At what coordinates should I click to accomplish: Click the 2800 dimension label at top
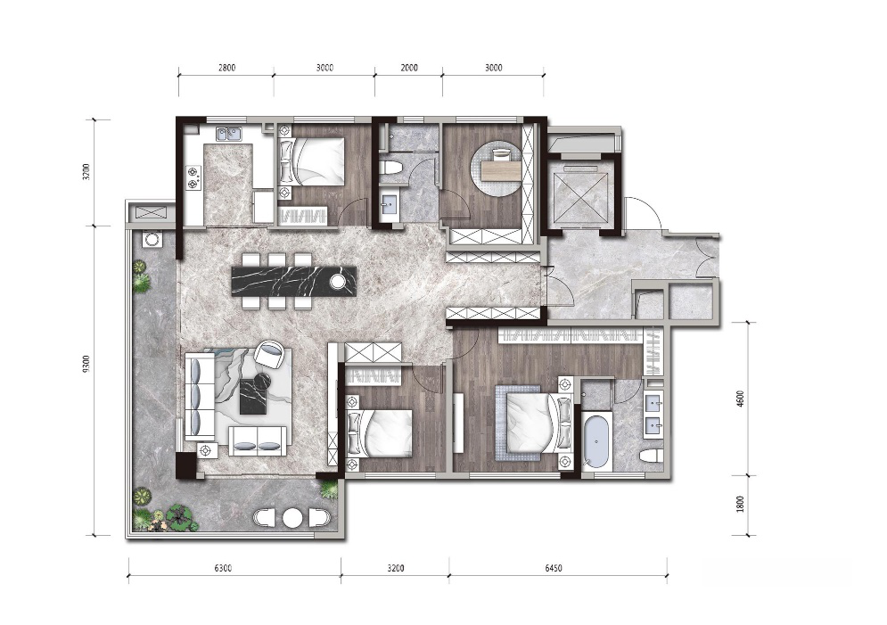tap(226, 68)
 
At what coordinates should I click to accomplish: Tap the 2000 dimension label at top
tap(409, 68)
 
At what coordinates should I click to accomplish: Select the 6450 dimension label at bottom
tap(554, 568)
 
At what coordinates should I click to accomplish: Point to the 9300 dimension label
tap(86, 365)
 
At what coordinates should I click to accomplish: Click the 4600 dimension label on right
tap(741, 399)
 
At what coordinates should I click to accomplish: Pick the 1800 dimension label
tap(741, 504)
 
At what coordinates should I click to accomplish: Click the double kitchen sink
tap(228, 134)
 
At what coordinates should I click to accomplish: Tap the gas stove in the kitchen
tap(194, 177)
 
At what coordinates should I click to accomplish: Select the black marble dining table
tap(294, 281)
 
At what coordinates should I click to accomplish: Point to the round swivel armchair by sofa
tap(270, 353)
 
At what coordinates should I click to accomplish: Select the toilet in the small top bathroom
tap(390, 168)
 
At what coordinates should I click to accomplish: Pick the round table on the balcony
tap(292, 518)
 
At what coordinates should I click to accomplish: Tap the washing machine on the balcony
tap(151, 240)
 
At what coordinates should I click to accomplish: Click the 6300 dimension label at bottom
tap(224, 568)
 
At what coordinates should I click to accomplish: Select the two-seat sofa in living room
tap(256, 440)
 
